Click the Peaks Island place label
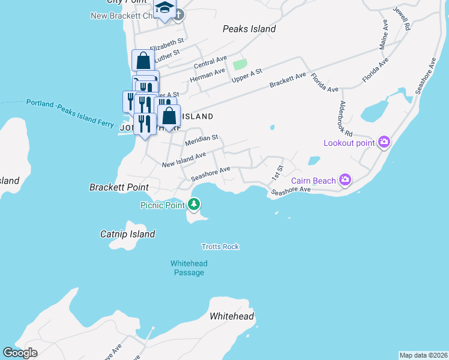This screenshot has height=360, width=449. pyautogui.click(x=249, y=29)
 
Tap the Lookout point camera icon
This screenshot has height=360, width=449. pyautogui.click(x=384, y=143)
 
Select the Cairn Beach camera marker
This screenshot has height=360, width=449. pyautogui.click(x=345, y=179)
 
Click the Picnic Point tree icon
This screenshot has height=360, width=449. pyautogui.click(x=193, y=205)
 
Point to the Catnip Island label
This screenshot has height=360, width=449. pyautogui.click(x=128, y=234)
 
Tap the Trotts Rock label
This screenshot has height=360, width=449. pyautogui.click(x=220, y=247)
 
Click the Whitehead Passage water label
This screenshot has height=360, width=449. pyautogui.click(x=188, y=268)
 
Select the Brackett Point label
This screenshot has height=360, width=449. pyautogui.click(x=119, y=187)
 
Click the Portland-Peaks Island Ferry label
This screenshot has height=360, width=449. pyautogui.click(x=70, y=112)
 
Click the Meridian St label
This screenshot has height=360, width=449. pyautogui.click(x=201, y=140)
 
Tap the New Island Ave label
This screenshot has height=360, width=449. pyautogui.click(x=184, y=160)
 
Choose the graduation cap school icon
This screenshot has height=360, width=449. pyautogui.click(x=164, y=8)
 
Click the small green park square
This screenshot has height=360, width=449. pyautogui.click(x=240, y=64)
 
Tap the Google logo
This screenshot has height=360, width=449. pyautogui.click(x=20, y=353)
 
